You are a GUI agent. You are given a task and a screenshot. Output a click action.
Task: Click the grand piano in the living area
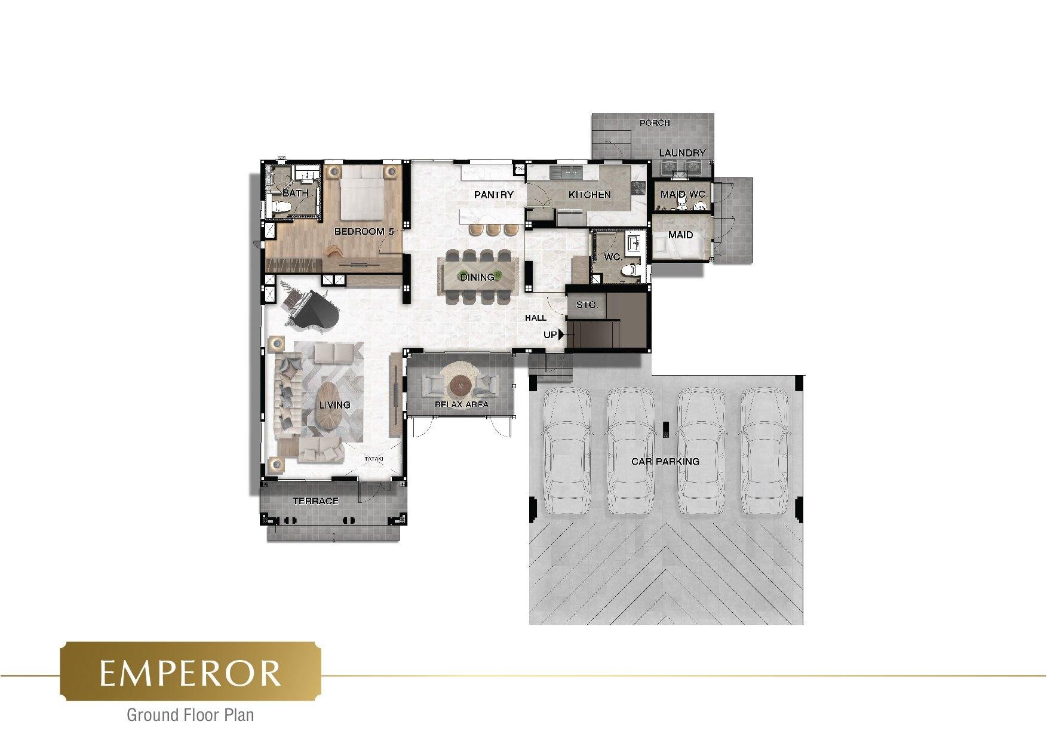coord(312,309)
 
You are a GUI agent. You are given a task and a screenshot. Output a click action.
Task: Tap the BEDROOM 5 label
coord(364,231)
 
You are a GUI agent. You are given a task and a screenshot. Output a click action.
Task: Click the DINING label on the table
coord(477,277)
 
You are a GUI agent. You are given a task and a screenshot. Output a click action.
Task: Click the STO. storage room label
coord(587,305)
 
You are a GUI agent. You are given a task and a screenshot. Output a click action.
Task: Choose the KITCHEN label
coord(589,195)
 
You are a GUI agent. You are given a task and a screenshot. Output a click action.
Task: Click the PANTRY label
coord(494,195)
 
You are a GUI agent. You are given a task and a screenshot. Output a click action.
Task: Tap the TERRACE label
coord(315,501)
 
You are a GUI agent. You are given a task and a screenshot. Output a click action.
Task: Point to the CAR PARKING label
coord(665,461)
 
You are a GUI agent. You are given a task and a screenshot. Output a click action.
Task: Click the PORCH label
coord(655,123)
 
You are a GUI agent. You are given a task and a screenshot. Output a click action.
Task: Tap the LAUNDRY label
coord(683,153)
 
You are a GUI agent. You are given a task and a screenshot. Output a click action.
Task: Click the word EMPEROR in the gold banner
coord(191,673)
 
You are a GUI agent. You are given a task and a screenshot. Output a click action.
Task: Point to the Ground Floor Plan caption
coord(191,714)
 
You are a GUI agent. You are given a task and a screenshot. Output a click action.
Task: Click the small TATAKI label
coord(374,459)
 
